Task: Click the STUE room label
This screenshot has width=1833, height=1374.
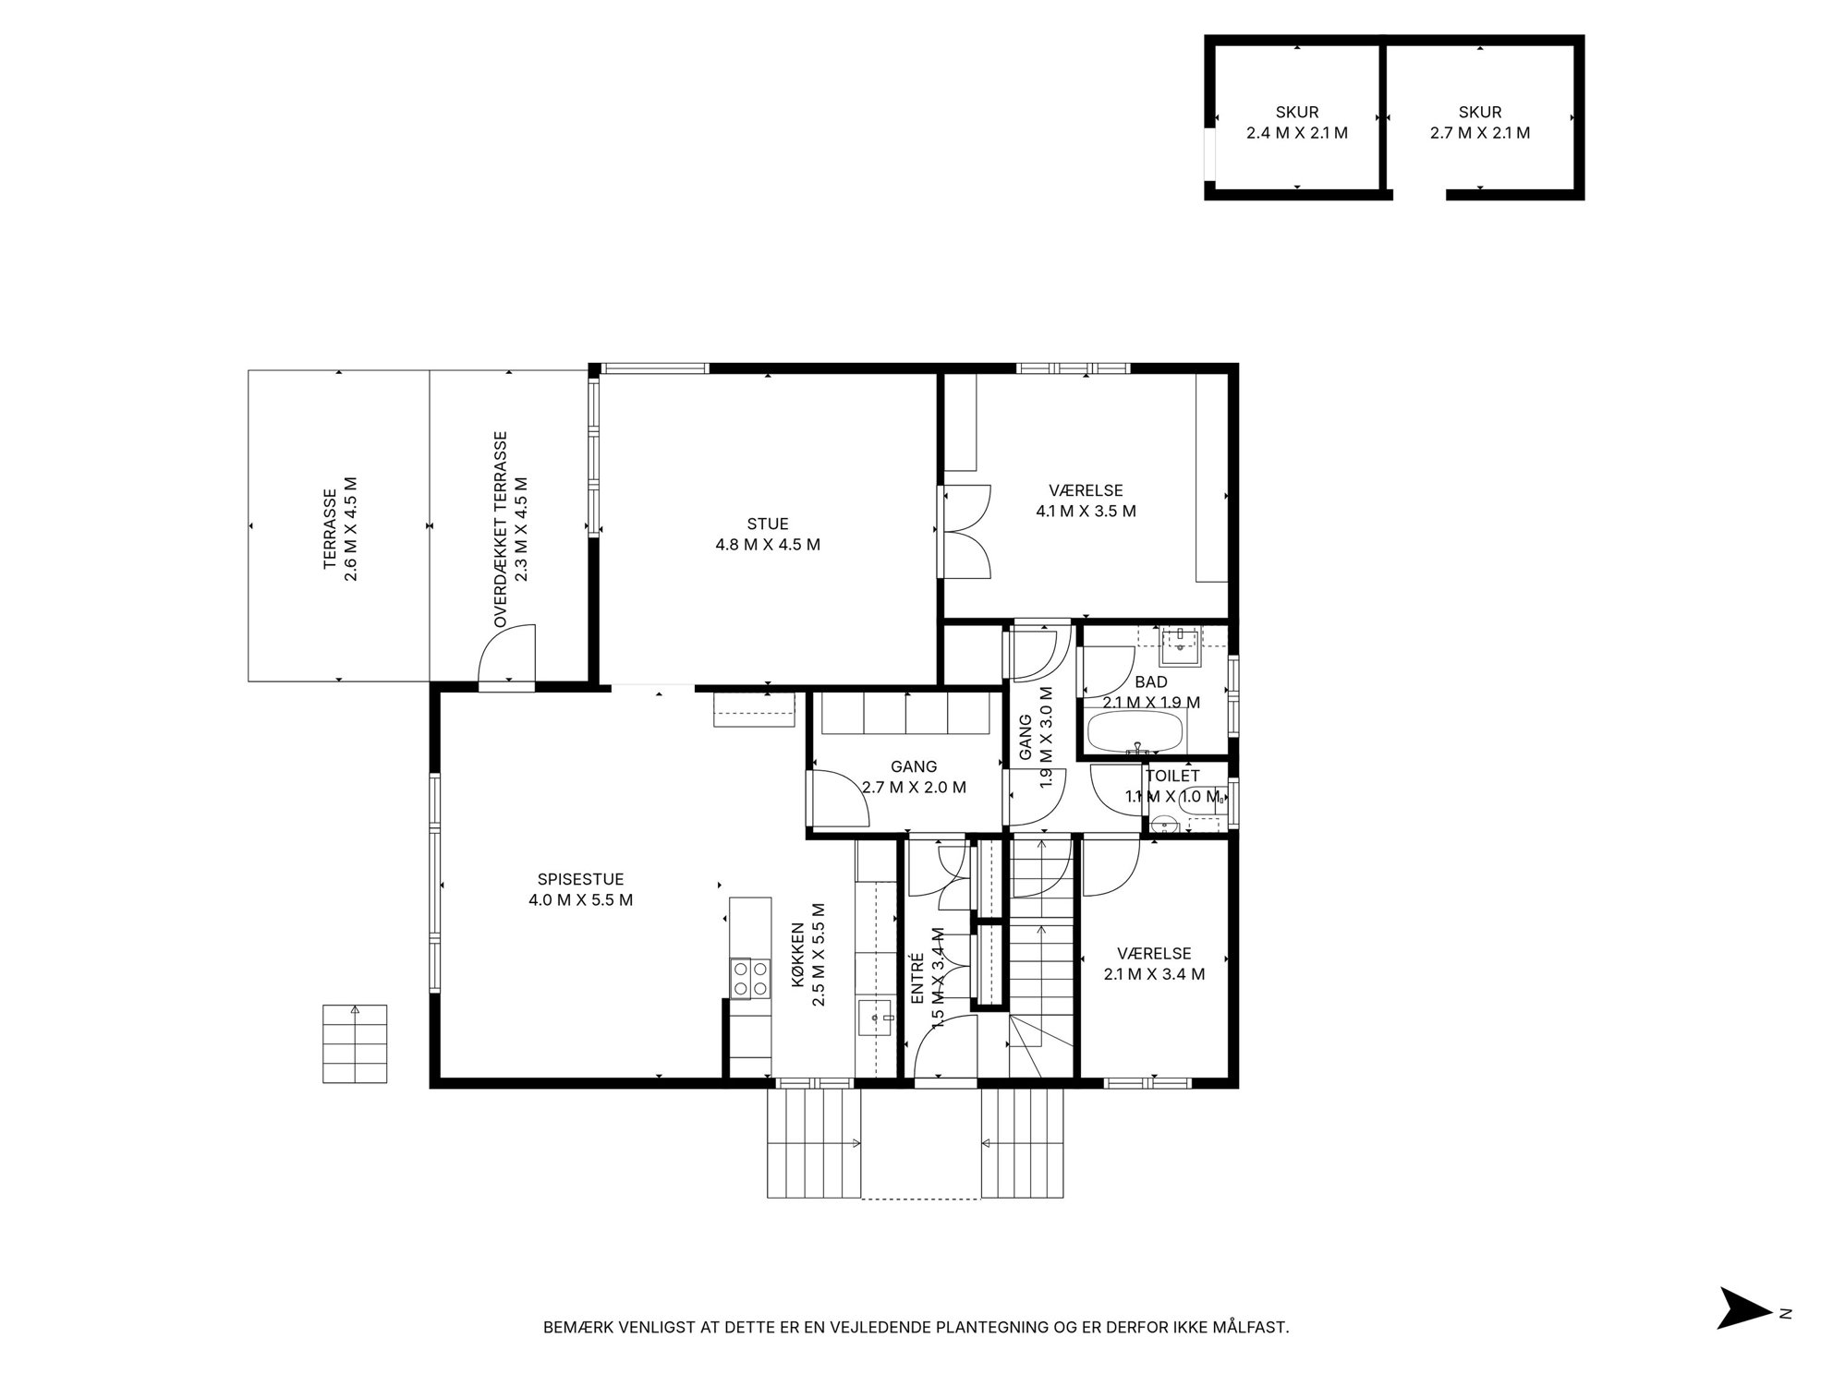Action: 768,524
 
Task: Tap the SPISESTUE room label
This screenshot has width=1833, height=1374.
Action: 580,879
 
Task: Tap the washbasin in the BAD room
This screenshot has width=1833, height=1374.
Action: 1180,646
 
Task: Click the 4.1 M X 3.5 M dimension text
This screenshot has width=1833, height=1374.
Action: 1086,511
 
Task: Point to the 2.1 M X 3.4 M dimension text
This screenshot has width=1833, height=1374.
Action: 1154,973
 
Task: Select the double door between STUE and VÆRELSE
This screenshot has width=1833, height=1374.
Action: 965,531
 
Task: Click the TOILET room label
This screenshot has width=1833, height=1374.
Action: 1172,777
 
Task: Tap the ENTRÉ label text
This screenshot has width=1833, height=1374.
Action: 917,979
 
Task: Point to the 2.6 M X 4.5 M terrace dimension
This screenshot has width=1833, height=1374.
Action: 350,529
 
